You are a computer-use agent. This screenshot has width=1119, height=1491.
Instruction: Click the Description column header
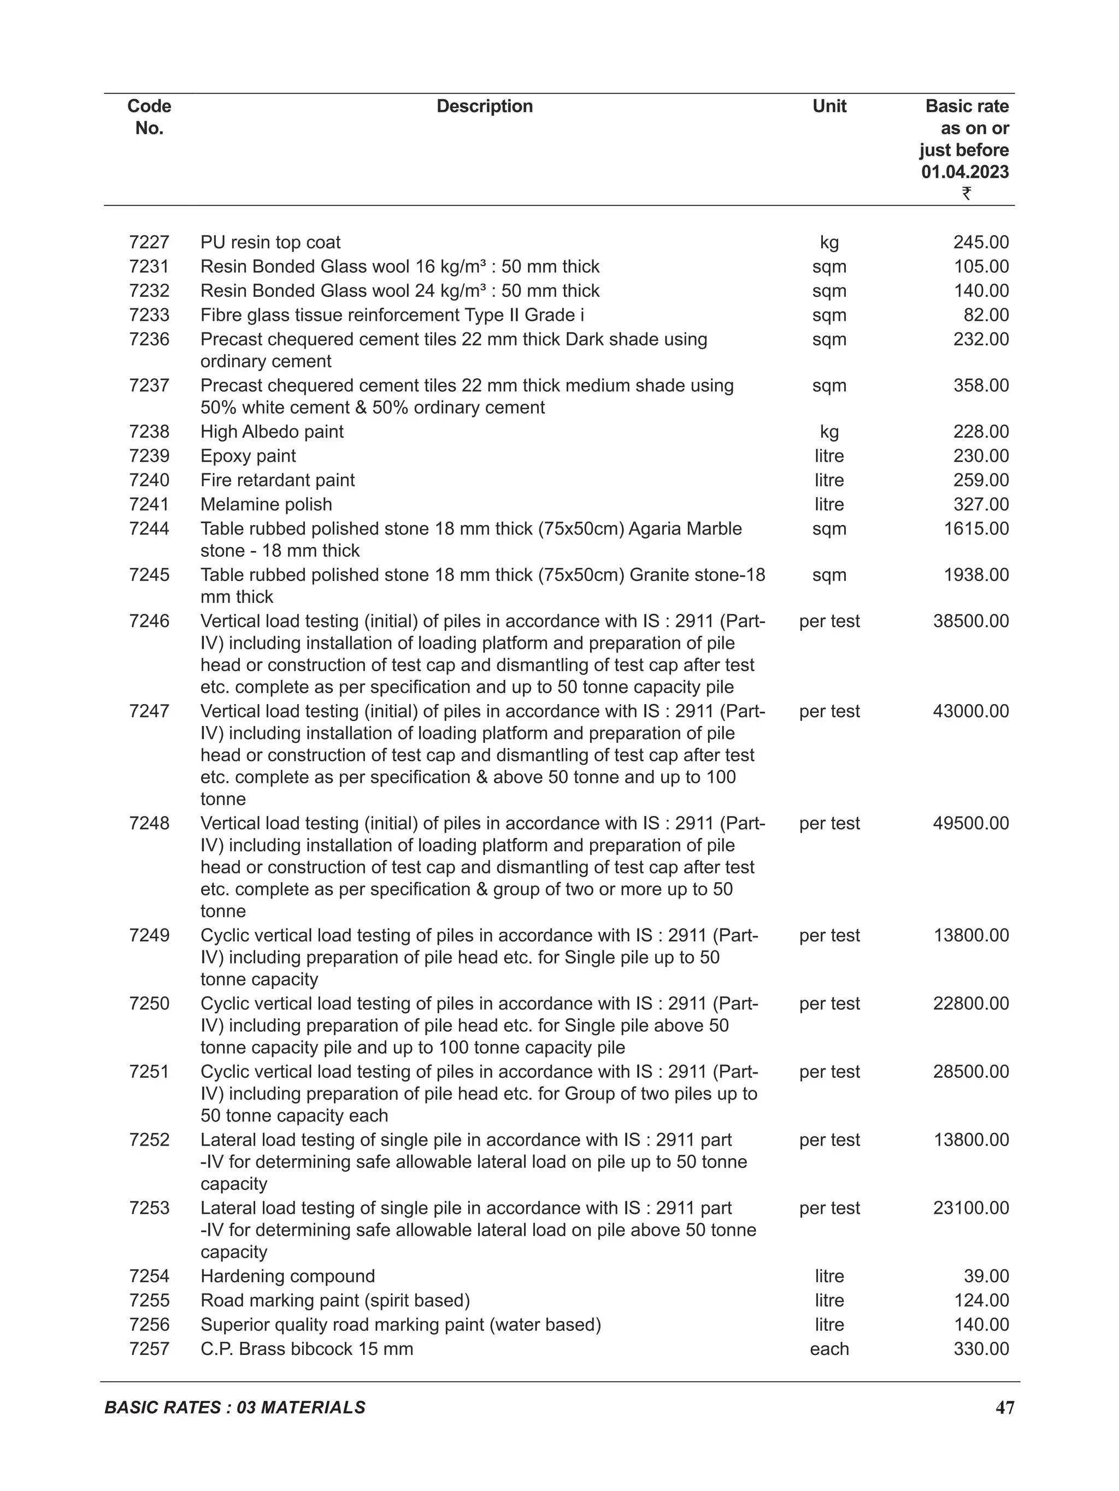(x=485, y=106)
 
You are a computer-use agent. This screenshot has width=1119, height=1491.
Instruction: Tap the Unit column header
(x=829, y=106)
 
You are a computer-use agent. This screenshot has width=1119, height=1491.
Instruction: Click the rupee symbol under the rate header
(x=966, y=193)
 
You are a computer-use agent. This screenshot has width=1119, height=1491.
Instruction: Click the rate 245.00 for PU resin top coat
(x=981, y=242)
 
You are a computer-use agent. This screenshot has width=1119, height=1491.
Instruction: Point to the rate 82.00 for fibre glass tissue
(x=986, y=315)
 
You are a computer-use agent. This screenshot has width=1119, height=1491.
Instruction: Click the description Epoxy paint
(x=248, y=456)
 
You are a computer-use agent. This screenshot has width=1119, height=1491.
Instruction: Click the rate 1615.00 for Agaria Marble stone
(x=976, y=529)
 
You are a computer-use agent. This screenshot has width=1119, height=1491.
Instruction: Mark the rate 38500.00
(x=971, y=621)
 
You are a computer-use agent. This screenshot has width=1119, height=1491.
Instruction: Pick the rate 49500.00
(x=971, y=823)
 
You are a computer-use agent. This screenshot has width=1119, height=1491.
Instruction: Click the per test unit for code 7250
(x=829, y=1003)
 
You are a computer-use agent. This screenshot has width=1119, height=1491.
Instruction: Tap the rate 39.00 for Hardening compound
(x=986, y=1276)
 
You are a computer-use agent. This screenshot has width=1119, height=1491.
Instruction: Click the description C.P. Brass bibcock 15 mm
(x=307, y=1349)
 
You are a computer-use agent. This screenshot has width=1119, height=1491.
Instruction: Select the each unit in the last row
(x=829, y=1349)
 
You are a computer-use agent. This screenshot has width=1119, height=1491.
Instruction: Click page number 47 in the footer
(x=1004, y=1407)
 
